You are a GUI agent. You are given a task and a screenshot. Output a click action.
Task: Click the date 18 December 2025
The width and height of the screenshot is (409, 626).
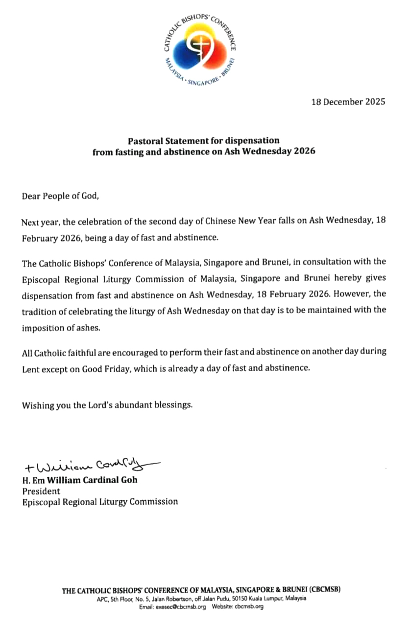tap(348, 102)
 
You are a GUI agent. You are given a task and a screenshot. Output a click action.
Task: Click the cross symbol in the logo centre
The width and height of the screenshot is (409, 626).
tap(200, 46)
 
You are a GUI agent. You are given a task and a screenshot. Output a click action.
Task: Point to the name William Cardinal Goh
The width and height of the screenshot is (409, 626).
tap(92, 480)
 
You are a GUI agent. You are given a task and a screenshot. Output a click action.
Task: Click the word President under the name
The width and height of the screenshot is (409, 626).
tap(41, 491)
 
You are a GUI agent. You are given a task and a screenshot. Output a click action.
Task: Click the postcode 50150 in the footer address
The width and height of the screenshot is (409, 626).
tap(228, 599)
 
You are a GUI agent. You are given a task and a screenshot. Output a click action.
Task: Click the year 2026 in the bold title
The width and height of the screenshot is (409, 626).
tap(304, 151)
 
